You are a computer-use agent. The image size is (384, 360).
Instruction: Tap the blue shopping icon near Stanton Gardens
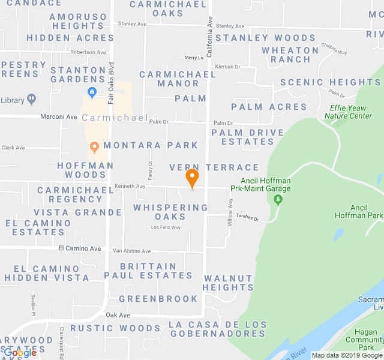click(x=92, y=92)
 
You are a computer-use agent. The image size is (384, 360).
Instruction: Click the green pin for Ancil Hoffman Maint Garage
click(x=278, y=199)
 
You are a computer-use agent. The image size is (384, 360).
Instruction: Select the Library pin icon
click(x=32, y=100)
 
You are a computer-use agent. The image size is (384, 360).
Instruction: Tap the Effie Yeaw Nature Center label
click(x=351, y=112)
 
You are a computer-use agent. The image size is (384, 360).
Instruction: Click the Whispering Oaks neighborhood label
click(x=170, y=212)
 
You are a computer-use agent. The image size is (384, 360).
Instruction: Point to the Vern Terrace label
click(x=214, y=167)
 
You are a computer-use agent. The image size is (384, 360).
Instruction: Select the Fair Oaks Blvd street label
click(x=111, y=62)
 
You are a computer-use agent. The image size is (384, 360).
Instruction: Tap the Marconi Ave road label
click(x=59, y=116)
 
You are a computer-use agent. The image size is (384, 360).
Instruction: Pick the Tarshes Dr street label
click(x=247, y=218)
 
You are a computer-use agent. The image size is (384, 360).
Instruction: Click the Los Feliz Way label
click(x=165, y=227)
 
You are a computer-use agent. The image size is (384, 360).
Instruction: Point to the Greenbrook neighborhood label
click(x=158, y=299)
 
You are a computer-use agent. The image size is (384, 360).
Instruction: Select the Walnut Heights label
click(x=228, y=283)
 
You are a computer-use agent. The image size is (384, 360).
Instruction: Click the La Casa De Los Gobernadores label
click(x=217, y=329)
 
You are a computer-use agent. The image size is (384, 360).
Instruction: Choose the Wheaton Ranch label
click(x=290, y=55)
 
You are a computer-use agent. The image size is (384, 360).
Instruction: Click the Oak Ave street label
click(x=118, y=315)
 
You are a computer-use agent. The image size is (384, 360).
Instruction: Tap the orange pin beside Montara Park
click(x=94, y=146)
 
